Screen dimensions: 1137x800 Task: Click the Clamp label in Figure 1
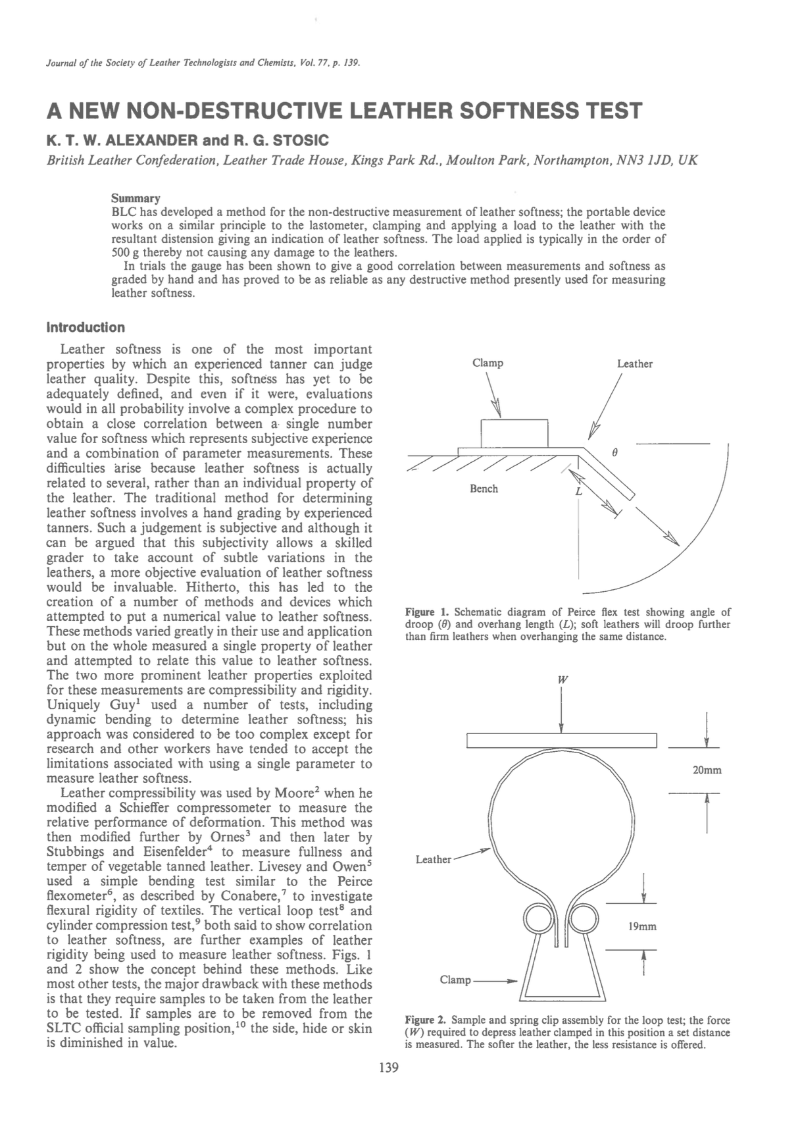(x=488, y=363)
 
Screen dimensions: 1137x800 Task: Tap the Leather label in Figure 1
(x=634, y=364)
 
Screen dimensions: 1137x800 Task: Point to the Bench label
(x=484, y=489)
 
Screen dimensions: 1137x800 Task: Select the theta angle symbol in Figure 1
(x=614, y=454)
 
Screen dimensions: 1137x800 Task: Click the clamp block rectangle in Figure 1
(x=514, y=433)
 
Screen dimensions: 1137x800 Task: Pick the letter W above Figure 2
(x=561, y=679)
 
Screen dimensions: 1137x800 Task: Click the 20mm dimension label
(x=707, y=770)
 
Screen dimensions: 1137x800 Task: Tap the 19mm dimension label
(x=642, y=926)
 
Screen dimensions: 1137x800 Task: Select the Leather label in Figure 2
(x=433, y=859)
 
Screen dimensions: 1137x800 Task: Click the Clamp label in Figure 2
(x=455, y=980)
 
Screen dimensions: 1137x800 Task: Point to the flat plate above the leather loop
(x=562, y=741)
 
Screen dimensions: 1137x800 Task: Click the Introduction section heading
(x=86, y=327)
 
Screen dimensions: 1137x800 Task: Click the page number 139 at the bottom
(x=389, y=1068)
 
